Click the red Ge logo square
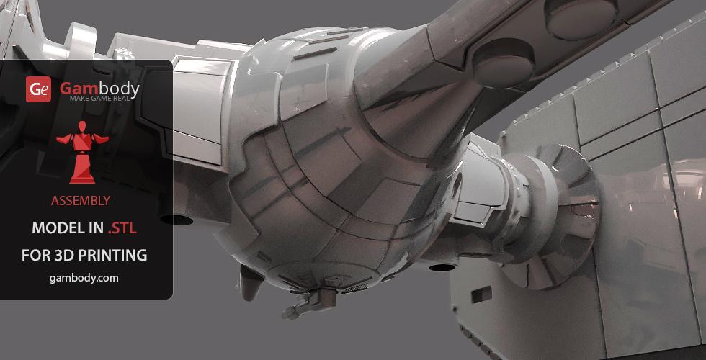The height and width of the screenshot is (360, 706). coord(38,89)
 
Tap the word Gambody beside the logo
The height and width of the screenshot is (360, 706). coord(99,88)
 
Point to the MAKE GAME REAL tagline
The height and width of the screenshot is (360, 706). coord(99,98)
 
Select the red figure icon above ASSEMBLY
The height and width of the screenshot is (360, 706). coord(82,152)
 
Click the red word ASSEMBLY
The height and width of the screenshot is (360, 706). coord(81,201)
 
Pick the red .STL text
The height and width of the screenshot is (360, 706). coord(122,229)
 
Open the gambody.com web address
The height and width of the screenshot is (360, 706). coord(84,278)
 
